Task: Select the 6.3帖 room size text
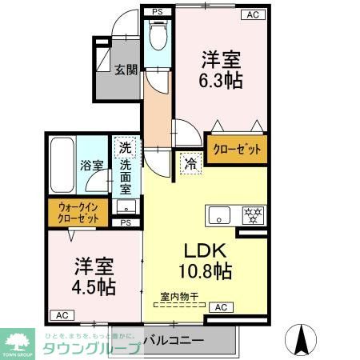pos(222,81)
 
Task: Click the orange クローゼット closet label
pos(236,149)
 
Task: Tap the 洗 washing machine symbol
pos(125,147)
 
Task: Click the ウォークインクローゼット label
pos(78,213)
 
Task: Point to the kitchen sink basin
pos(218,214)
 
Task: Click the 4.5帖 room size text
pos(95,286)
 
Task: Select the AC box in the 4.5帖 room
pos(60,314)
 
